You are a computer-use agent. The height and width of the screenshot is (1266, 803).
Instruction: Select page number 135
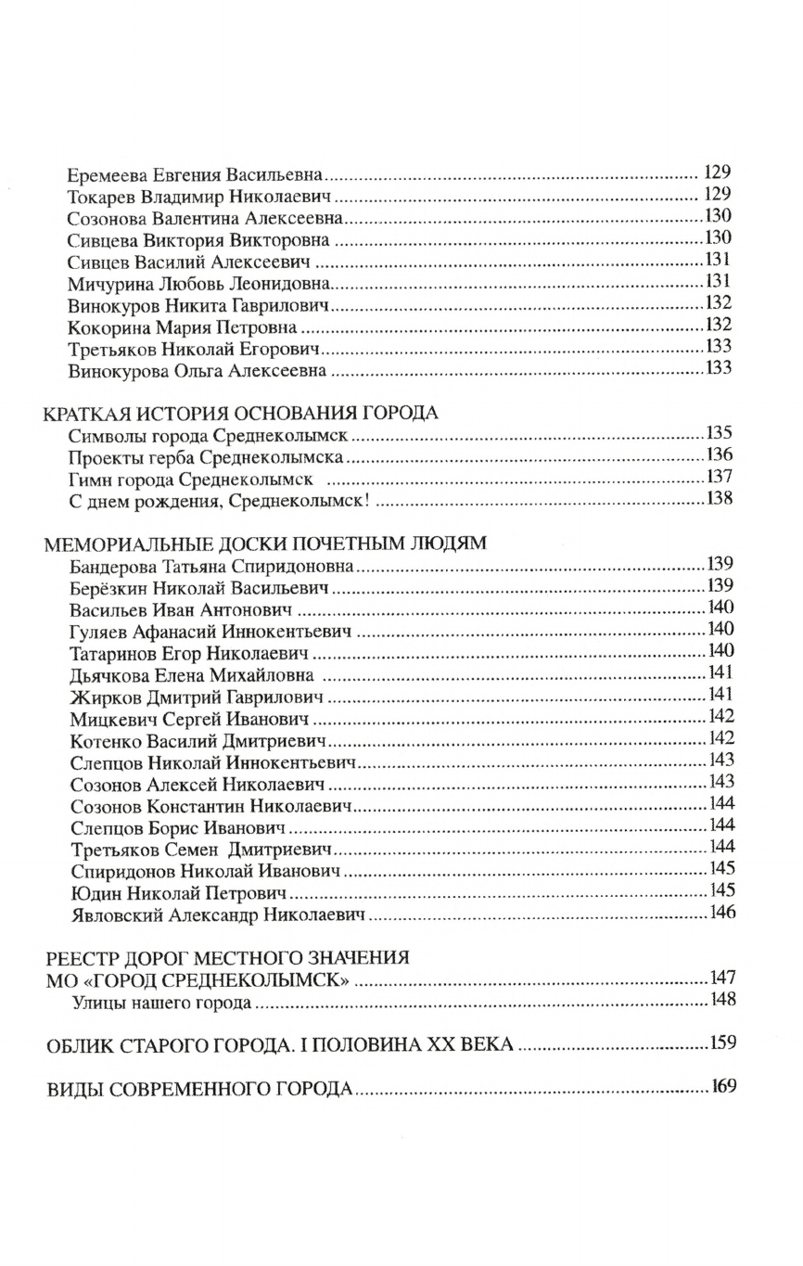[x=719, y=433]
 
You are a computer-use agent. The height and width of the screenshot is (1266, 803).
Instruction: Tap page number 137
[x=719, y=477]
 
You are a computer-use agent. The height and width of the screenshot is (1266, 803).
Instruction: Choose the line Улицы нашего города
[x=161, y=1003]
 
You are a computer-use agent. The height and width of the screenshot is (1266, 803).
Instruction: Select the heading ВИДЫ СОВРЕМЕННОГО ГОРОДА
[x=199, y=1087]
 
